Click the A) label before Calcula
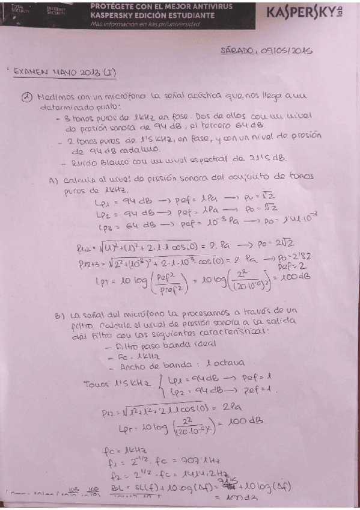[x=53, y=179]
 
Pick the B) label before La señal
[x=58, y=314]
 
